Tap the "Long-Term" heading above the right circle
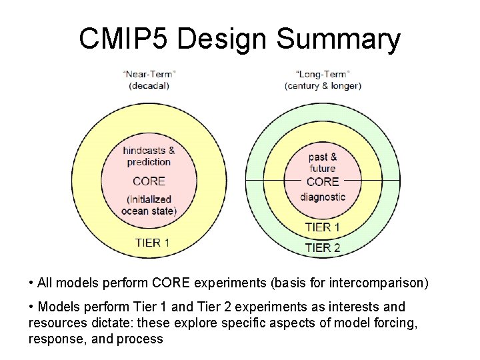coord(323,73)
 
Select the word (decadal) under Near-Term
coord(149,85)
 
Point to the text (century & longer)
coord(323,85)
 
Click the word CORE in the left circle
coord(149,181)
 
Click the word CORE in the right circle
coord(323,181)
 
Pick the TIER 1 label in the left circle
coord(152,242)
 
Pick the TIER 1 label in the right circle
coord(323,227)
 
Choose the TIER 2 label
coord(323,247)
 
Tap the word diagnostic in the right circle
coord(323,197)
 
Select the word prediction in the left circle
coord(149,162)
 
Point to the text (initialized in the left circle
coord(149,199)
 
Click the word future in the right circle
coord(323,169)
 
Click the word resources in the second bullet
coord(54,323)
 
